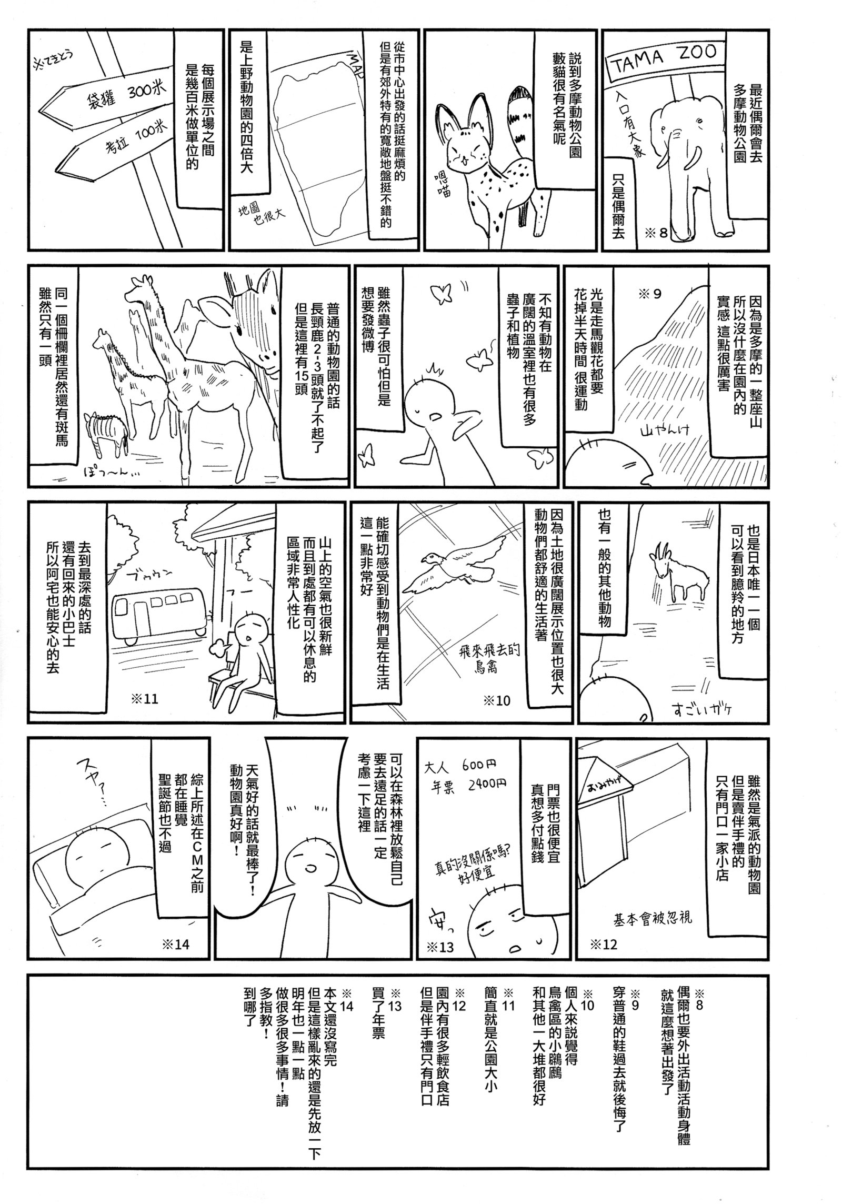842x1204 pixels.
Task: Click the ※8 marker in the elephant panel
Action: (x=655, y=232)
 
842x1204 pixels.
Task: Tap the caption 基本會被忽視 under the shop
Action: (x=653, y=919)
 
